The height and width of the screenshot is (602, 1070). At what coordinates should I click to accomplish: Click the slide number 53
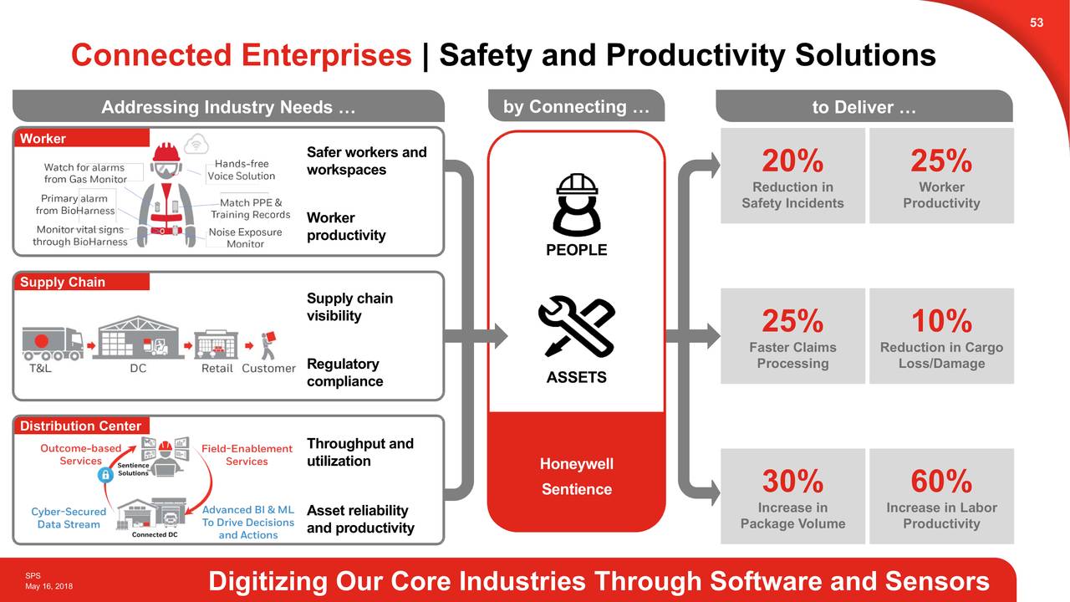1037,23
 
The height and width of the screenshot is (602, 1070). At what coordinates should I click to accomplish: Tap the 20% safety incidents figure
792,161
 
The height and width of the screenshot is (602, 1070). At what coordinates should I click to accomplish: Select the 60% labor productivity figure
941,482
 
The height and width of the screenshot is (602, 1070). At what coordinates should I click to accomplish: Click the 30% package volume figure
792,482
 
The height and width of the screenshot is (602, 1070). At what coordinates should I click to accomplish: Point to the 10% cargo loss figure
941,321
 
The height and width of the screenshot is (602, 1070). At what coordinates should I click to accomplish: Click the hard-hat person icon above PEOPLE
577,205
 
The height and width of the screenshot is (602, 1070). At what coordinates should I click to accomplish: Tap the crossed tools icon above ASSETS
577,327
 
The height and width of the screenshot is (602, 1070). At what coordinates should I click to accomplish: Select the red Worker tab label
43,139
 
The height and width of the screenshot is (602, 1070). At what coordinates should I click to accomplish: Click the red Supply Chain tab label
63,283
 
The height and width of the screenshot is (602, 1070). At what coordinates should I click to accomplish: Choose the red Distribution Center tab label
80,426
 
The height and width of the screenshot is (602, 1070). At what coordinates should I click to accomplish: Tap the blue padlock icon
105,474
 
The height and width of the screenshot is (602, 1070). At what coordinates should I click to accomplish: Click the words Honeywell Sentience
577,477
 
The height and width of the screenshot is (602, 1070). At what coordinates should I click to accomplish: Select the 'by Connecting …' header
576,107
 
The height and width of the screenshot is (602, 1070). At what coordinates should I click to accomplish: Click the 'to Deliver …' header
864,108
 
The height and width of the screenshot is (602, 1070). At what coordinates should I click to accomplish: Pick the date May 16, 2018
48,586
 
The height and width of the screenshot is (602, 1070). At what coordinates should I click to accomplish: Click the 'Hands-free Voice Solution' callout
242,170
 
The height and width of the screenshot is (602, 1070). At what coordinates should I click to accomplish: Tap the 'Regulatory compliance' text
345,373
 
